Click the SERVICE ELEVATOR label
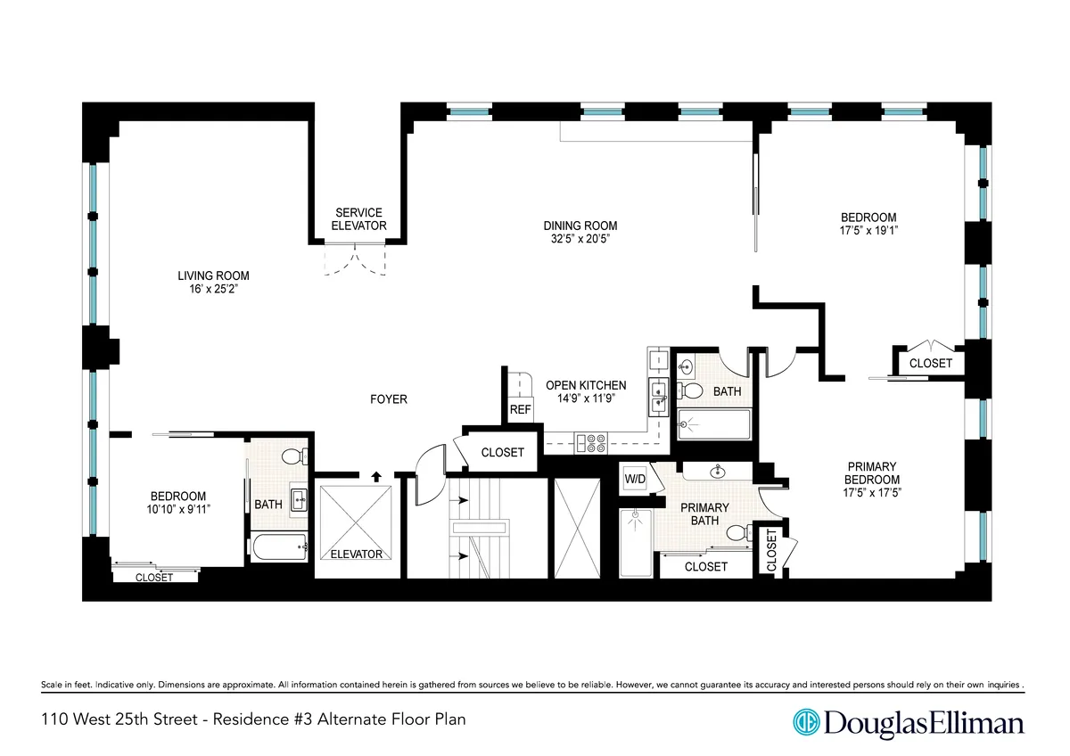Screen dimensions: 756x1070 click(x=358, y=219)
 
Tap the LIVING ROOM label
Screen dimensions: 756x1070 click(x=213, y=275)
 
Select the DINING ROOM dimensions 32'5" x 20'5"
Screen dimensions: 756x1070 click(x=580, y=239)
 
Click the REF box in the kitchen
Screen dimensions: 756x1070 click(x=520, y=410)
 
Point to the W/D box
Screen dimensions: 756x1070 click(x=634, y=478)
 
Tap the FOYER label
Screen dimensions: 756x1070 click(x=389, y=399)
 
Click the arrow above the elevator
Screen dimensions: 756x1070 click(x=375, y=476)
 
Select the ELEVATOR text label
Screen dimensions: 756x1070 click(x=356, y=555)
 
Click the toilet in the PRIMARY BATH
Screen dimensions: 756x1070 click(x=738, y=533)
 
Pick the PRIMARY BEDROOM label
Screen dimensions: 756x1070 click(x=871, y=473)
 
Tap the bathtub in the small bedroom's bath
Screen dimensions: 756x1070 click(x=279, y=546)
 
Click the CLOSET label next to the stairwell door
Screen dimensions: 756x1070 click(x=502, y=452)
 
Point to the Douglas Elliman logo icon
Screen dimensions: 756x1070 click(x=807, y=721)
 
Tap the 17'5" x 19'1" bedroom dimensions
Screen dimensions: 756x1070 click(x=868, y=230)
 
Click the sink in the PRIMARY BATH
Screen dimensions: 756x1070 click(x=718, y=470)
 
